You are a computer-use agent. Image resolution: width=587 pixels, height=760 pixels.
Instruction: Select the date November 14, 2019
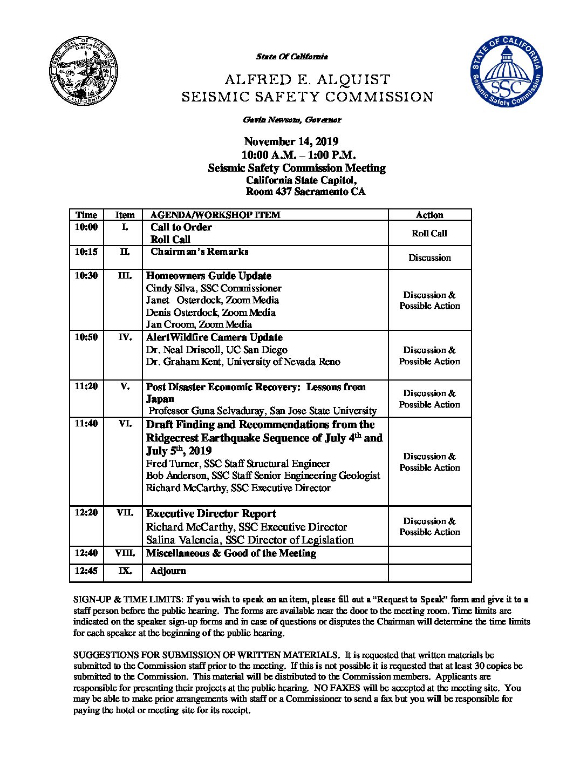291,142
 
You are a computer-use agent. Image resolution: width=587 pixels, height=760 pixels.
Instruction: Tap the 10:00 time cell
86,227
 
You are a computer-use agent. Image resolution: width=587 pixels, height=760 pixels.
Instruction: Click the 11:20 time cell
86,387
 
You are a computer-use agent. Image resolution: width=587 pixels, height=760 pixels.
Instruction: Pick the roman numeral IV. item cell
125,337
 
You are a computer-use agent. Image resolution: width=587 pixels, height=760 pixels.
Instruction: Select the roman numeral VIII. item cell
125,553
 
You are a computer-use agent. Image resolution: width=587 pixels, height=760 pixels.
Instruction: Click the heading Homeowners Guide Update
209,276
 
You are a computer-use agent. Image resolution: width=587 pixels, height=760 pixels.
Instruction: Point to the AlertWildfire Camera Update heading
214,337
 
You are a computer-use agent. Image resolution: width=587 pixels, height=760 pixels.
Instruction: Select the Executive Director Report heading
211,514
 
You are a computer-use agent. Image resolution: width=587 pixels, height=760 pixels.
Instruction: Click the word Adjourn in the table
168,571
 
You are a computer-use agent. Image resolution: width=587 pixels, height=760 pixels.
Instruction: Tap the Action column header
429,215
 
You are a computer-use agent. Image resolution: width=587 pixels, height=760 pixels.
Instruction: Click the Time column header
86,215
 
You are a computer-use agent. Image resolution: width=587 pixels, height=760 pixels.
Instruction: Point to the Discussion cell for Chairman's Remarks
429,257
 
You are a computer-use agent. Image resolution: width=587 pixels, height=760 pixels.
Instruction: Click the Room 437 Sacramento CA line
305,192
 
